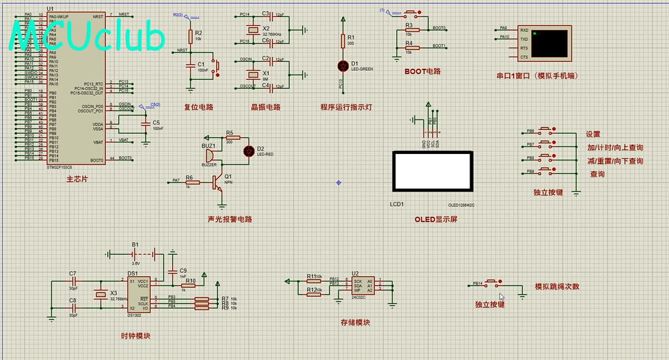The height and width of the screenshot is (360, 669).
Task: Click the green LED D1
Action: [x=344, y=66]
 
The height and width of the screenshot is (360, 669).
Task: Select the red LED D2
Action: [x=247, y=151]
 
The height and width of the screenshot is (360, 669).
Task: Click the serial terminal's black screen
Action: [x=549, y=43]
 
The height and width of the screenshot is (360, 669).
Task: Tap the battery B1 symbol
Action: [x=136, y=253]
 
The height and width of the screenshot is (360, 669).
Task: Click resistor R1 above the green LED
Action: [x=344, y=42]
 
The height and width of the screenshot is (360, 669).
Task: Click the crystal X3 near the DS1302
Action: [x=99, y=294]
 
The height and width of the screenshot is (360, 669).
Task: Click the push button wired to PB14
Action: [x=493, y=284]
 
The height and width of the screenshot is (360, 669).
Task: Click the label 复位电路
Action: [x=198, y=107]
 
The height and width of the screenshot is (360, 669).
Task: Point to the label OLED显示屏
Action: [x=436, y=220]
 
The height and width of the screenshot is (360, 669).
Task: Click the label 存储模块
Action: [x=355, y=322]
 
